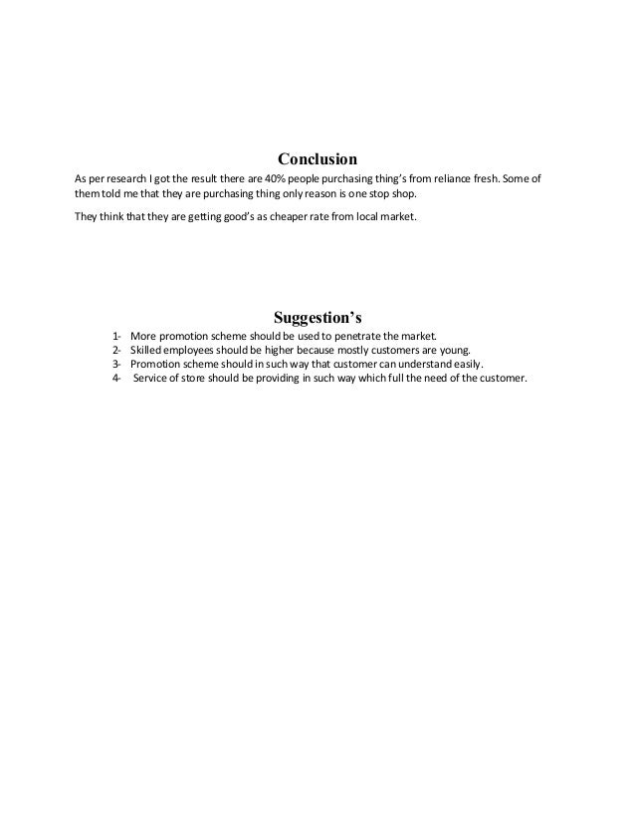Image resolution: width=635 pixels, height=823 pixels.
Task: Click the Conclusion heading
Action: (x=317, y=158)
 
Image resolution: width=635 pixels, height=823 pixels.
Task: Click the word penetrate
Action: (x=371, y=336)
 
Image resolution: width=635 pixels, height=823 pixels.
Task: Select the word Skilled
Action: (x=147, y=350)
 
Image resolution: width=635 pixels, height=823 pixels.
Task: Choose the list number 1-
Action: (x=118, y=336)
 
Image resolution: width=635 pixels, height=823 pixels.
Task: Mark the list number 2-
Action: (x=118, y=350)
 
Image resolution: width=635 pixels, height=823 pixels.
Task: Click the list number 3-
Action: (x=118, y=365)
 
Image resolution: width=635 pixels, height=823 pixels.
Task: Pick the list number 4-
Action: (x=118, y=380)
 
